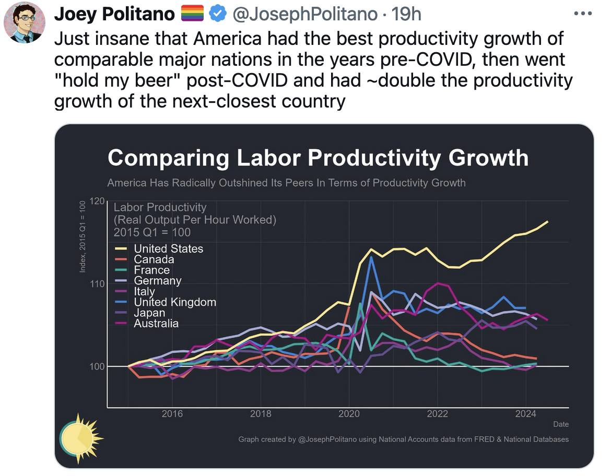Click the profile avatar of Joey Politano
point(24,22)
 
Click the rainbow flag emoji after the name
point(192,14)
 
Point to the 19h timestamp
point(406,14)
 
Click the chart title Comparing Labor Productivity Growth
point(318,158)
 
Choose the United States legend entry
point(168,248)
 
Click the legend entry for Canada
point(154,259)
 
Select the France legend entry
point(151,270)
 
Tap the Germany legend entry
point(157,281)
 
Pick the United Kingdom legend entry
point(174,302)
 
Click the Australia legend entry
point(156,324)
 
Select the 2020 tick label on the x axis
point(349,414)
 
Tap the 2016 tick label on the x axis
point(172,414)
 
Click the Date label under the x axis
point(560,424)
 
